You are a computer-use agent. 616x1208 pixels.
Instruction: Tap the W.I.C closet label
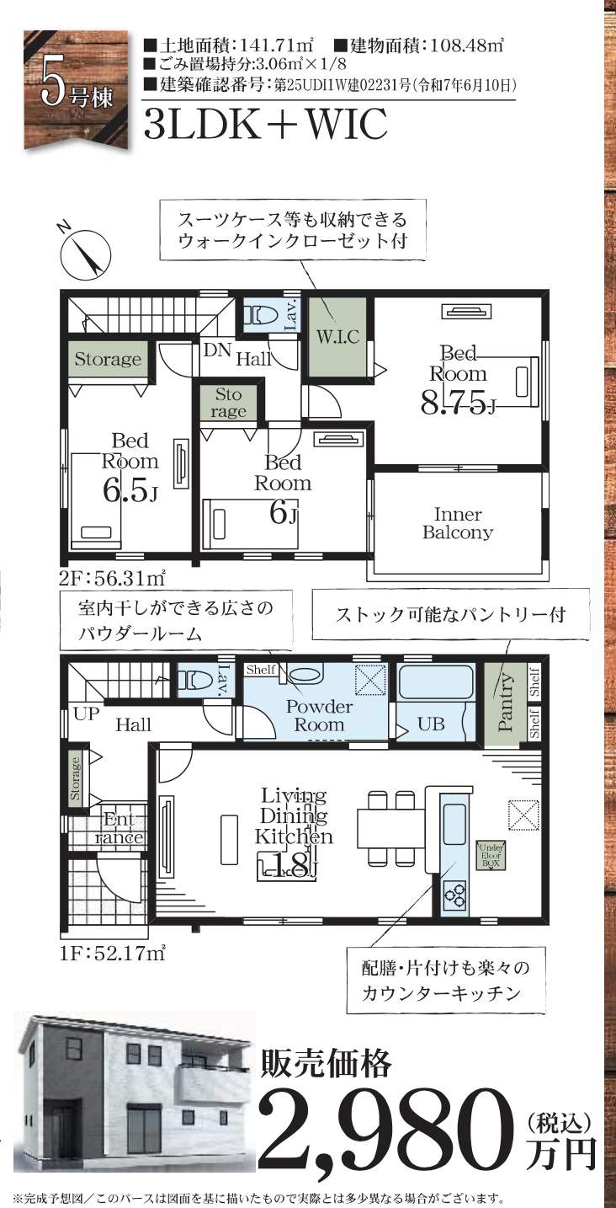(337, 338)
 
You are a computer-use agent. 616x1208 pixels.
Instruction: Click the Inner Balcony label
(458, 523)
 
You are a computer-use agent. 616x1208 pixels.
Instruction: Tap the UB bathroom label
(432, 724)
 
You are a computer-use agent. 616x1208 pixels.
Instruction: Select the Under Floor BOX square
(491, 854)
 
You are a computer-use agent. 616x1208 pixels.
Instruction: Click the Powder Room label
(319, 715)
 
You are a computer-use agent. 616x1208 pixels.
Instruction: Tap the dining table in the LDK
(392, 827)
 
